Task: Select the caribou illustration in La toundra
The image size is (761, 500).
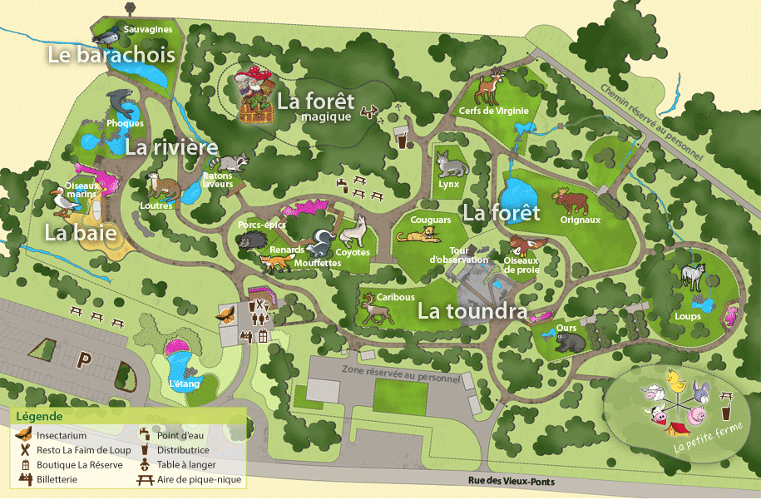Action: coord(377,309)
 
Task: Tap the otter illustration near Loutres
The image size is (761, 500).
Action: coord(156,185)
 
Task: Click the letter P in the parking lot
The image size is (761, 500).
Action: coord(84,359)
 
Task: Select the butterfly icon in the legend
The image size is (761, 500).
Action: coord(25,434)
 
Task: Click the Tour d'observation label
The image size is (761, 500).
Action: coord(458,255)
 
